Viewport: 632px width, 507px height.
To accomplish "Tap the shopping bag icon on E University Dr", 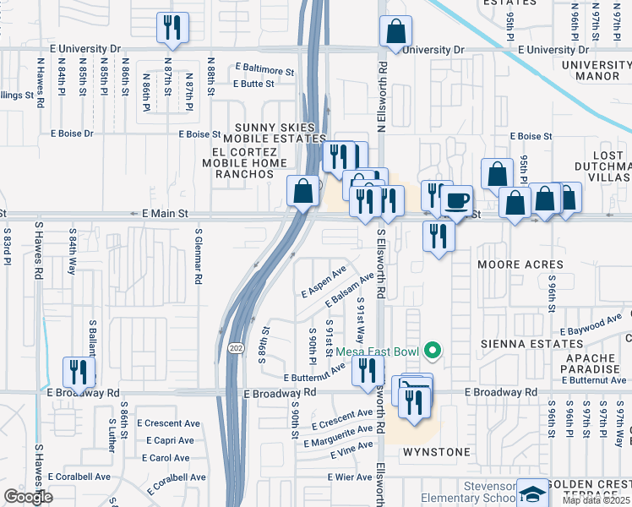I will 395,31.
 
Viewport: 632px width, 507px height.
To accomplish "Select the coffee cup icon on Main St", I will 457,200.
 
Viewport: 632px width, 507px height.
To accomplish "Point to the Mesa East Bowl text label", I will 379,351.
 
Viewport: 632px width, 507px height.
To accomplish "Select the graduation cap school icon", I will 531,493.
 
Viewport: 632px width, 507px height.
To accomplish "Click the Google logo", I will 27,497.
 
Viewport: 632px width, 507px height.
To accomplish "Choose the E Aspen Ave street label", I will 324,283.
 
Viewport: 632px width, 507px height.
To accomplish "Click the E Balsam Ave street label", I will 348,291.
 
